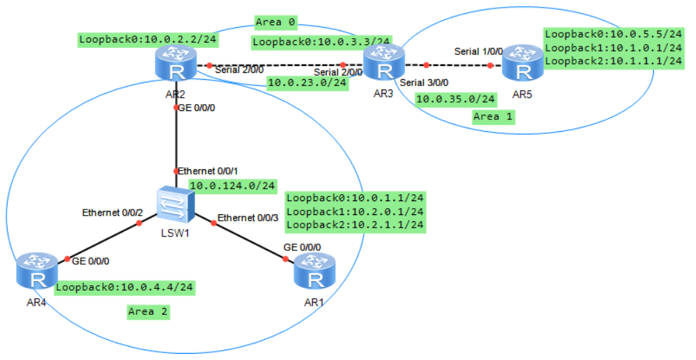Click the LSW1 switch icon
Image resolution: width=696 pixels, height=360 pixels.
175,203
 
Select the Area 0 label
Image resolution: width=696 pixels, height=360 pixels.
275,22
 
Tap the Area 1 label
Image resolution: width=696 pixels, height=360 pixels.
493,116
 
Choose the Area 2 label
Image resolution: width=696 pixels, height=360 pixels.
148,311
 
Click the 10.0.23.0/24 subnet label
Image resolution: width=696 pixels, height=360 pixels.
307,83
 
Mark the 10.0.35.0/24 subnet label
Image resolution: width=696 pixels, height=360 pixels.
456,99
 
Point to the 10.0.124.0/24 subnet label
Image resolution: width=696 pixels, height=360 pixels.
232,185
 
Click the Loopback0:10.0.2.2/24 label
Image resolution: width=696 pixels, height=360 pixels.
148,40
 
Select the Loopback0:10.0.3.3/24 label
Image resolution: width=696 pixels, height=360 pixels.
321,42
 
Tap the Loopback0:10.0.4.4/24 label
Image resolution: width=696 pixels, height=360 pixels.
124,286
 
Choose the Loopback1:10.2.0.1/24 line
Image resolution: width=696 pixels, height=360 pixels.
355,211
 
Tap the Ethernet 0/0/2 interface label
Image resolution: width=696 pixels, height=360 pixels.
112,212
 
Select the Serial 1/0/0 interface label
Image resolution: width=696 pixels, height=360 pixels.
478,51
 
